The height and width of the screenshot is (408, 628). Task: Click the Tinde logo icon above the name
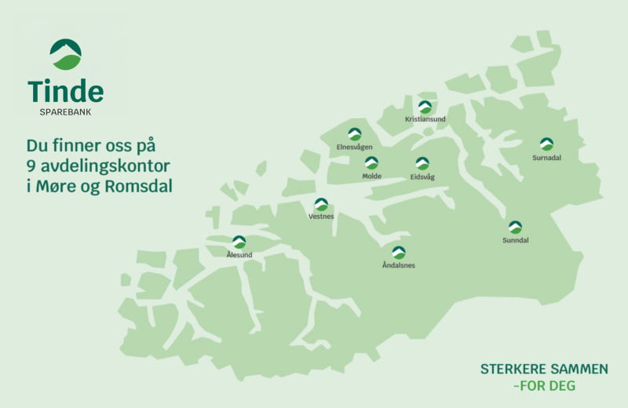pos(65,54)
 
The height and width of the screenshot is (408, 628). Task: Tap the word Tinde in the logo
pos(65,93)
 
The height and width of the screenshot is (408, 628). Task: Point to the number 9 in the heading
pos(31,167)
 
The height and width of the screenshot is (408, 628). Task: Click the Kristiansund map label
pos(425,119)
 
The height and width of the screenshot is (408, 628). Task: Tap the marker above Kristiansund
pos(425,107)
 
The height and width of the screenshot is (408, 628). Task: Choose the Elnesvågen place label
pos(354,147)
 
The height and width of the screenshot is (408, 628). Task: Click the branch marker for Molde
pos(371,162)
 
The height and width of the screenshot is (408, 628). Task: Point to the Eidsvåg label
pos(422,177)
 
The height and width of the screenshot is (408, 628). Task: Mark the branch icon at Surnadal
pos(546,144)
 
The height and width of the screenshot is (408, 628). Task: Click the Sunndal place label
pos(515,240)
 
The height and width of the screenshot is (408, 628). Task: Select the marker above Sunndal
pos(515,227)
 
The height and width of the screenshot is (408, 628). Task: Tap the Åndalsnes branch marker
pos(399,252)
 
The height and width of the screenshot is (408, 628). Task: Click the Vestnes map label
pos(321,217)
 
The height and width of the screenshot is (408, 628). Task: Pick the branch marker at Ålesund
pos(239,242)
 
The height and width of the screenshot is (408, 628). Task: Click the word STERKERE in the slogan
pos(514,369)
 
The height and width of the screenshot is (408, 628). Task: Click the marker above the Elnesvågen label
pos(355,133)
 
